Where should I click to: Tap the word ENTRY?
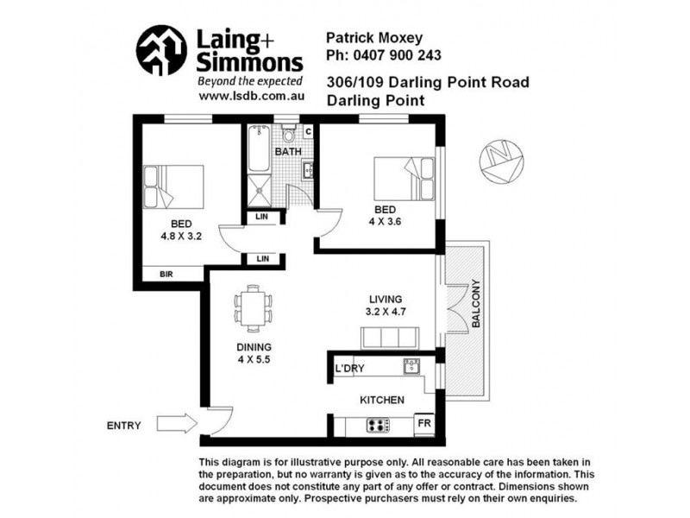click(124, 425)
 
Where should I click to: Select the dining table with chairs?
click(254, 308)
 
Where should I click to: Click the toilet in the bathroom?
click(289, 135)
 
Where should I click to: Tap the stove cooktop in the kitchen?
click(378, 425)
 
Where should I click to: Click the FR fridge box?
click(423, 424)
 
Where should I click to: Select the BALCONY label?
click(475, 304)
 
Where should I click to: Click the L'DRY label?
click(349, 369)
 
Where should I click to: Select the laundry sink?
click(411, 365)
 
